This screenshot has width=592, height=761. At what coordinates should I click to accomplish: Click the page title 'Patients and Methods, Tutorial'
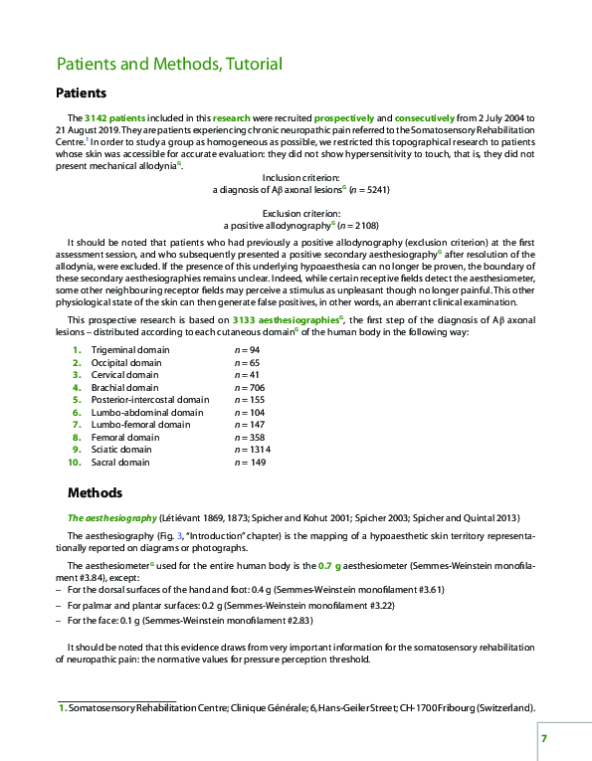coord(169,65)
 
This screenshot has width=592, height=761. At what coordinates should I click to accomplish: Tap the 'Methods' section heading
coord(95,492)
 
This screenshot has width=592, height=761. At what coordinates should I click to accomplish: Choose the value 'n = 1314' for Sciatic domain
coord(252,449)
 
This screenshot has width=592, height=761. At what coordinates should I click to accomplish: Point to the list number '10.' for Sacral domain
coord(74,463)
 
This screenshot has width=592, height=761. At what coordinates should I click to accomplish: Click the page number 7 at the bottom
coord(543,737)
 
